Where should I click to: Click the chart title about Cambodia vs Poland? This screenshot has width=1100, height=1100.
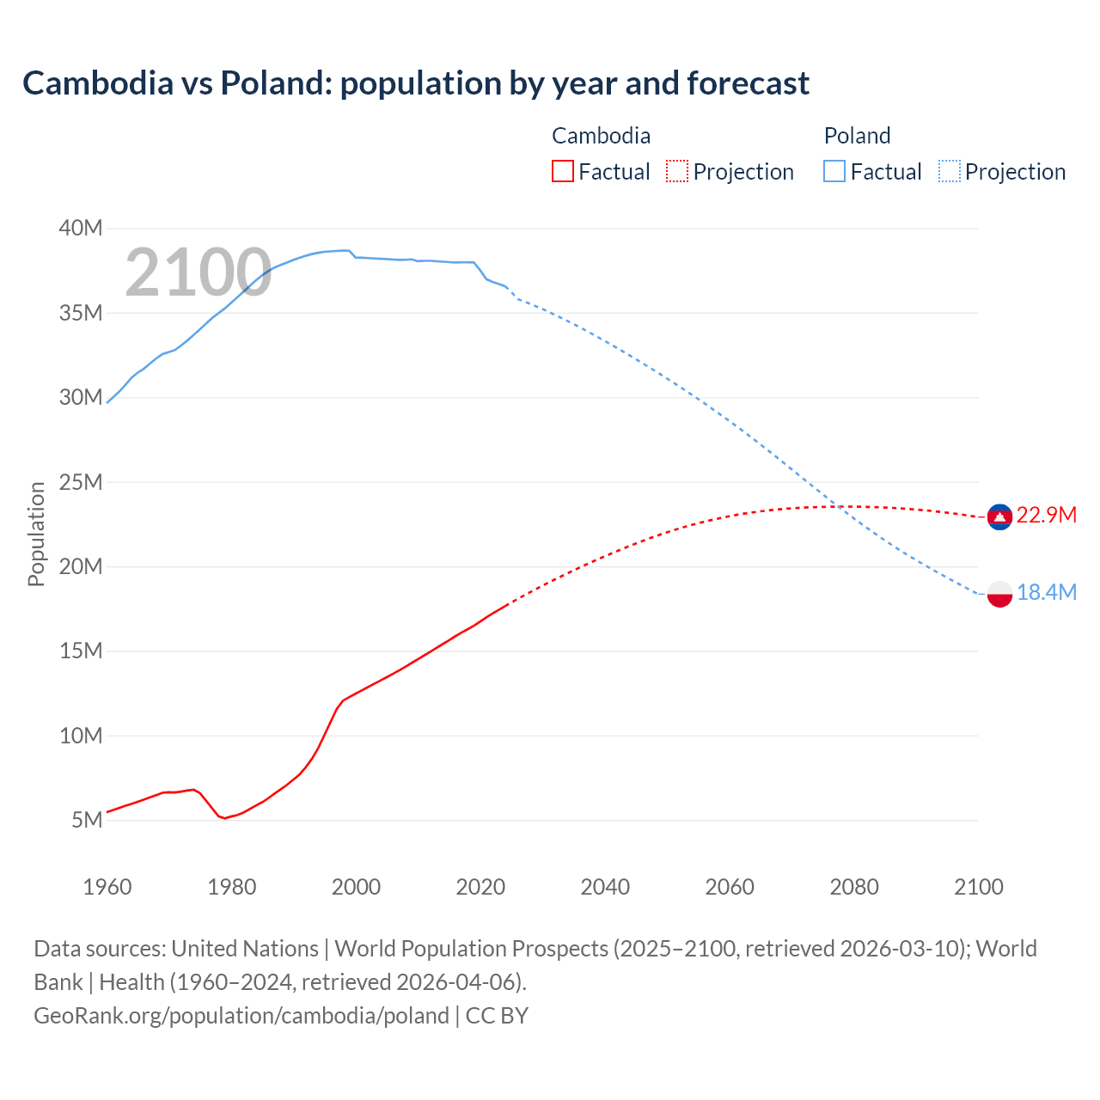pos(416,83)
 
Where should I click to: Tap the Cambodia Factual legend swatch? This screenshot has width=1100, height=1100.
pos(562,171)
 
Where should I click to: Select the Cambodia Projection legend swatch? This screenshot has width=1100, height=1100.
pos(676,171)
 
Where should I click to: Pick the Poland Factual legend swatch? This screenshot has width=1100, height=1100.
pos(834,171)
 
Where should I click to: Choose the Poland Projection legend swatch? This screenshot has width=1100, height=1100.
pos(949,171)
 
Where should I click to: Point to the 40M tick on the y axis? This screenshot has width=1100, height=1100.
pos(81,228)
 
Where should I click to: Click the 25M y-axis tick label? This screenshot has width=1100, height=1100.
pos(81,482)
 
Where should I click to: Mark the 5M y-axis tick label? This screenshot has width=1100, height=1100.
pos(87,820)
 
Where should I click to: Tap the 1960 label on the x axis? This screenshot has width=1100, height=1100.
pos(107,887)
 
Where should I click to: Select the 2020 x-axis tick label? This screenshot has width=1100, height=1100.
pos(480,887)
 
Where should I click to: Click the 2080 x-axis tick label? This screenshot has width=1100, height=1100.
pos(854,887)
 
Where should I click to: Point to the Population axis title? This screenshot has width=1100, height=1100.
pos(36,534)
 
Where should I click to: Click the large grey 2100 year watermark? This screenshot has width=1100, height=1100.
pos(199,272)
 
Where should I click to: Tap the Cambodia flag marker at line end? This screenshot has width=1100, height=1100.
pos(999,516)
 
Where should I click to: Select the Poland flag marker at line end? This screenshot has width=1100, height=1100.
pos(999,593)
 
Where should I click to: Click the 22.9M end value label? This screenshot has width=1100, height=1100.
pos(1046,515)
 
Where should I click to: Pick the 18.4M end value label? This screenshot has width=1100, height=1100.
pos(1046,592)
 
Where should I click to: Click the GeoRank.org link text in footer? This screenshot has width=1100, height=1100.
pos(241,1016)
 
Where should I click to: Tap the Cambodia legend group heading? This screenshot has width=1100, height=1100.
pos(601,136)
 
